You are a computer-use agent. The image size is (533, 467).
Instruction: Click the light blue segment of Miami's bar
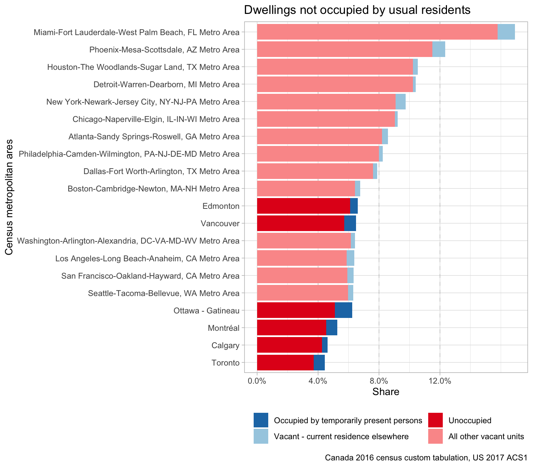[x=506, y=32]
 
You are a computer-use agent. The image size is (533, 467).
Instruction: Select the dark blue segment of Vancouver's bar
[x=350, y=223]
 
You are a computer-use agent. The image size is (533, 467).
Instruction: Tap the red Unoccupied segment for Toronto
[x=285, y=362]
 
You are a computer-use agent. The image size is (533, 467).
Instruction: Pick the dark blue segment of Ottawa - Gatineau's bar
[x=344, y=310]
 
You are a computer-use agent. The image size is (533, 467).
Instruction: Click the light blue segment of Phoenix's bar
[x=439, y=49]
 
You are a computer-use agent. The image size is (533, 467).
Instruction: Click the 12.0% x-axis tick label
[x=440, y=381]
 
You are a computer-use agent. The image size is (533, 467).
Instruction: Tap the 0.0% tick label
[x=257, y=381]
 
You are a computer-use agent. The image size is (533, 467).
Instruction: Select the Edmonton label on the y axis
[x=221, y=206]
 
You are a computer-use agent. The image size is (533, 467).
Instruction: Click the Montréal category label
[x=223, y=328]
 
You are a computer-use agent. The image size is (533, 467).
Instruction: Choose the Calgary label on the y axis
[x=226, y=345]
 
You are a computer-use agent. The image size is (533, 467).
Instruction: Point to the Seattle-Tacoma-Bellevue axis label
[x=164, y=293]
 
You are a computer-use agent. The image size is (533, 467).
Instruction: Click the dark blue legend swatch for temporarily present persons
[x=261, y=420]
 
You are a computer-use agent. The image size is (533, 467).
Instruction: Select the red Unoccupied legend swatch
[x=435, y=420]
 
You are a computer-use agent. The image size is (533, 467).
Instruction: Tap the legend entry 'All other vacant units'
[x=486, y=436]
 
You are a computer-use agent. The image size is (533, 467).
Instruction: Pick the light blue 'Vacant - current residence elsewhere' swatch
[x=261, y=436]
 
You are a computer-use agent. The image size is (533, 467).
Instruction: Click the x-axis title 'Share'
[x=386, y=392]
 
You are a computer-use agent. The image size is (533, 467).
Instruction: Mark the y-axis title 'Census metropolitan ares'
[x=9, y=197]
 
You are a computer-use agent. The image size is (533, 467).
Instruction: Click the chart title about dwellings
[x=357, y=10]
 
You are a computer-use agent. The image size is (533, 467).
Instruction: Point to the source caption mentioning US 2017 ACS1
[x=426, y=458]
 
